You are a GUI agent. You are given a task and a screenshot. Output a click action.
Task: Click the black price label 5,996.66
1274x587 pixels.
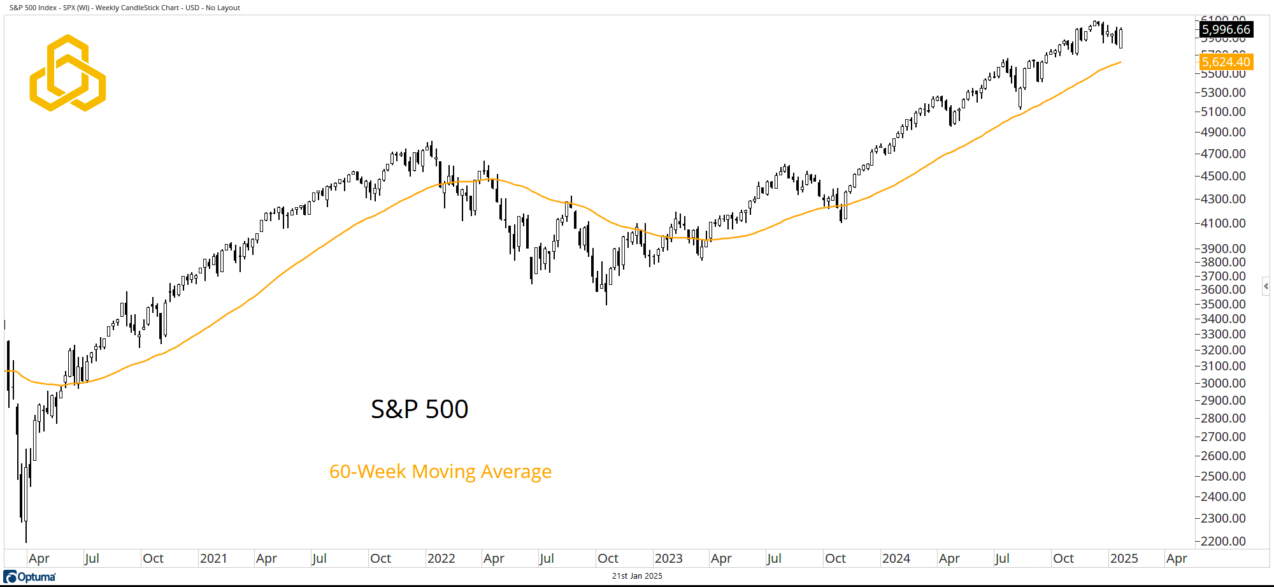coord(1226,29)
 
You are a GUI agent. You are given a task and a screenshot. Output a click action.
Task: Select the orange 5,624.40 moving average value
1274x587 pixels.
coord(1226,62)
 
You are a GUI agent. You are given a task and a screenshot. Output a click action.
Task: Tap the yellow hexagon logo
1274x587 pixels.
coord(68,73)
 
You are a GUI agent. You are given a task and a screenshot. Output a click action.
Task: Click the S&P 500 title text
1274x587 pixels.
coord(419,409)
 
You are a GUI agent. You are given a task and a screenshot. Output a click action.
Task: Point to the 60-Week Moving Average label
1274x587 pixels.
coord(440,472)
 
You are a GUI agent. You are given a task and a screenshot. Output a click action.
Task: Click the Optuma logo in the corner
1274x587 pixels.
coord(30,577)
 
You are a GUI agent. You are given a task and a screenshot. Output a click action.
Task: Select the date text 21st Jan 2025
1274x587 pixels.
coord(637,576)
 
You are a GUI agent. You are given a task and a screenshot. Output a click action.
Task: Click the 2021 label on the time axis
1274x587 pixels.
coord(213,558)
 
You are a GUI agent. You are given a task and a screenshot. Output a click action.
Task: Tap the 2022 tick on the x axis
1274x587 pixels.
coord(441,558)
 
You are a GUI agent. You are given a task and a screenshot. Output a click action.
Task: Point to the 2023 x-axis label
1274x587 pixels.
coord(668,558)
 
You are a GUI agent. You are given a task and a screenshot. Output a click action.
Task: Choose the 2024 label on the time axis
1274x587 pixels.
coord(896,558)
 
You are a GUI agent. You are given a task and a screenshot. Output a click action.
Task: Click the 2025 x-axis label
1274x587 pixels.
coord(1124,558)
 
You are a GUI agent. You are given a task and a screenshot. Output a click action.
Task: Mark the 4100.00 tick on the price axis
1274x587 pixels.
coord(1223,223)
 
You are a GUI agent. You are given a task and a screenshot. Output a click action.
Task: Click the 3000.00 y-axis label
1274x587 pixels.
coord(1223,383)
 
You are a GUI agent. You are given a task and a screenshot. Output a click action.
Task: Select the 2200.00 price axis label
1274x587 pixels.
coord(1223,541)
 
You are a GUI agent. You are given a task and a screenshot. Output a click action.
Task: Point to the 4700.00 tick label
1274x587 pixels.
coord(1223,154)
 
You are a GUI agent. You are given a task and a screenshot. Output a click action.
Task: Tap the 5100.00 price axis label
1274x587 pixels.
coord(1223,112)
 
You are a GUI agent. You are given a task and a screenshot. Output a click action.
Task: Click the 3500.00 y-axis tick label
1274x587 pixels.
coord(1223,304)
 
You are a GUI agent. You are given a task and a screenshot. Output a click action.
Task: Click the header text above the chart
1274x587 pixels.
coord(125,8)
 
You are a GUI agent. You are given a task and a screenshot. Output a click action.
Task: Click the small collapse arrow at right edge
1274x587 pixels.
coord(1266,286)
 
